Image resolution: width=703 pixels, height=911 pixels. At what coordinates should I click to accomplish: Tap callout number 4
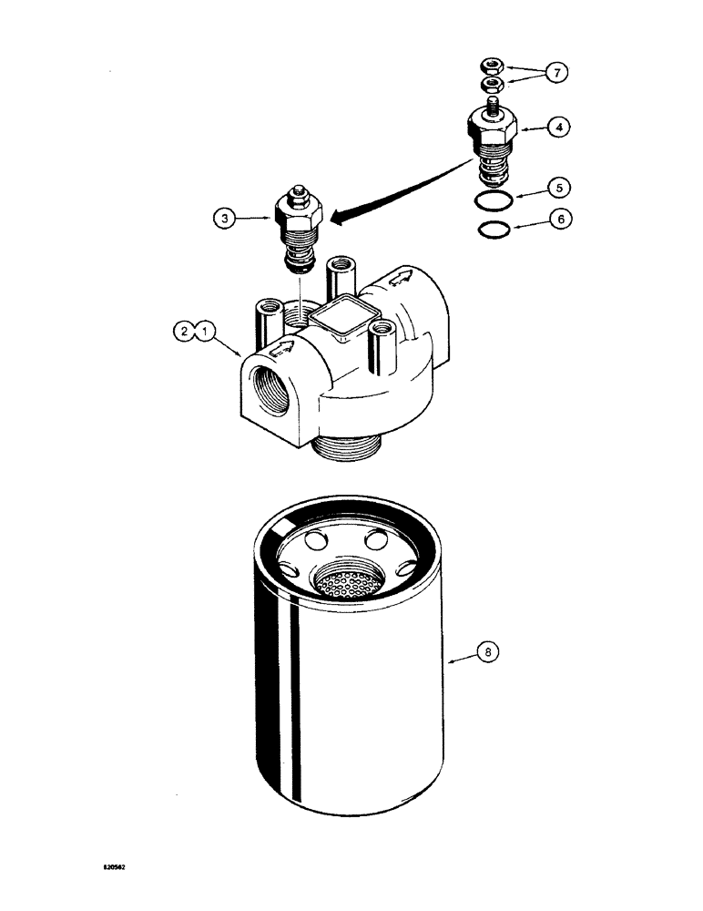562,128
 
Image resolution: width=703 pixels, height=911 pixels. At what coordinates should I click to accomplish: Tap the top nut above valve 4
492,65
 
